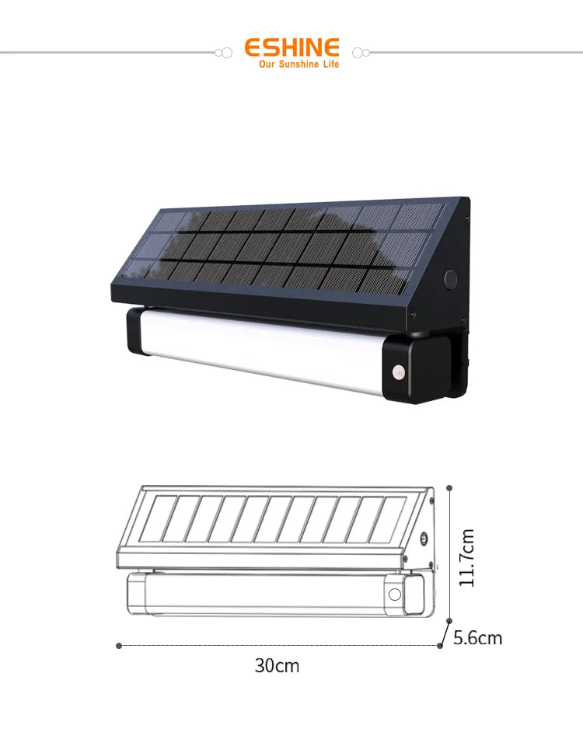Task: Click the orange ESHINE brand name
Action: tap(291, 47)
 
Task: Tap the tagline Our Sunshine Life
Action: tap(298, 65)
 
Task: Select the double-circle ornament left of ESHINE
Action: tap(223, 52)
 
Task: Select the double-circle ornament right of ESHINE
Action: tap(360, 52)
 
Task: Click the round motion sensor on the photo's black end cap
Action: tap(399, 373)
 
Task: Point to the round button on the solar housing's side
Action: tap(449, 277)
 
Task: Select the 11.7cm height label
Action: tap(467, 557)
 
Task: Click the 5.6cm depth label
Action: tap(477, 638)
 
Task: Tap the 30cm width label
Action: tap(277, 666)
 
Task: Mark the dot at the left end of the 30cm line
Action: tap(119, 645)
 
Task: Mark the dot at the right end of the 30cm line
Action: tap(440, 645)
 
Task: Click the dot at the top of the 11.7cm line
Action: tap(449, 488)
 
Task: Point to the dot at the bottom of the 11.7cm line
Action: tap(449, 620)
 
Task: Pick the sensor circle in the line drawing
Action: tap(395, 596)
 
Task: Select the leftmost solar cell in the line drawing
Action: tap(155, 518)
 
